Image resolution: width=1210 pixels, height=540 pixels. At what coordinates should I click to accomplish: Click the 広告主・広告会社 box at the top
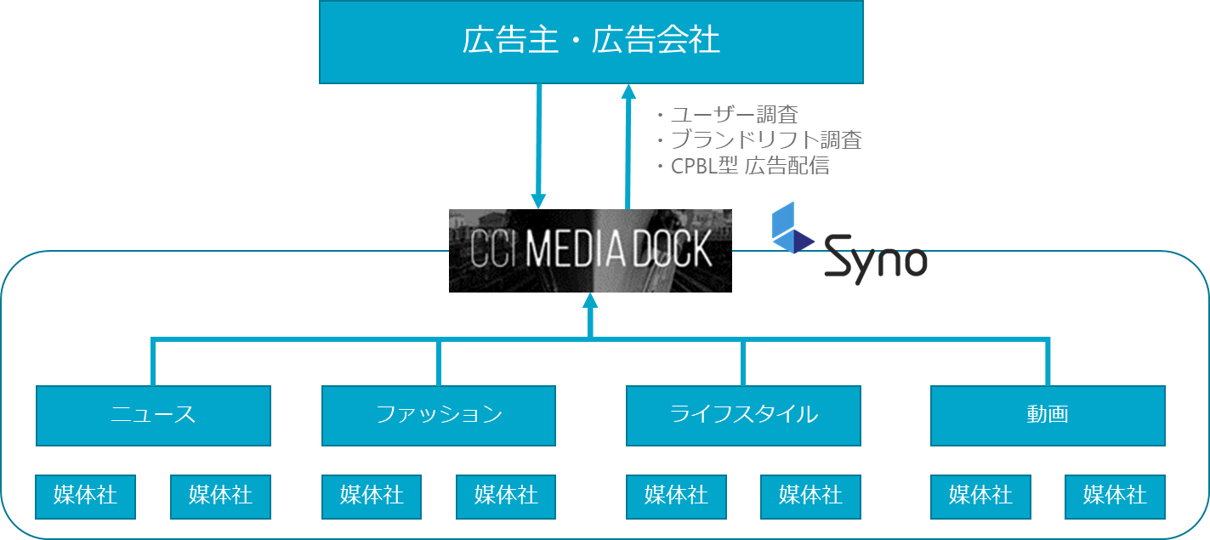pyautogui.click(x=592, y=43)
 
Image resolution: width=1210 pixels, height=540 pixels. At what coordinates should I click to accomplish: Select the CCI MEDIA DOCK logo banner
pyautogui.click(x=590, y=251)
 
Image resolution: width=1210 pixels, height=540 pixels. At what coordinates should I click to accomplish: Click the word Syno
pyautogui.click(x=876, y=259)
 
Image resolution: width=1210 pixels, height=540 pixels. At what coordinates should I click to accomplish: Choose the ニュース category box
pyautogui.click(x=153, y=416)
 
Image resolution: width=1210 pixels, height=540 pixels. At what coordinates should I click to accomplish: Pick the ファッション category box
pyautogui.click(x=439, y=416)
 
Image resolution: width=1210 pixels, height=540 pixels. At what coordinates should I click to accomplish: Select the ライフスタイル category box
pyautogui.click(x=743, y=416)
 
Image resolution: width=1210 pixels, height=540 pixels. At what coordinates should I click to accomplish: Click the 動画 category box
pyautogui.click(x=1048, y=416)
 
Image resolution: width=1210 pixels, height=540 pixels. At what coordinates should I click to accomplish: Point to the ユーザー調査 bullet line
pyautogui.click(x=728, y=115)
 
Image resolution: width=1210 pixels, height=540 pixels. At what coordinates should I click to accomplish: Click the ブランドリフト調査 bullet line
pyautogui.click(x=759, y=139)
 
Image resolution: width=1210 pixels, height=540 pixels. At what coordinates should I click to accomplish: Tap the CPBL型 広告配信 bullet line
pyautogui.click(x=742, y=166)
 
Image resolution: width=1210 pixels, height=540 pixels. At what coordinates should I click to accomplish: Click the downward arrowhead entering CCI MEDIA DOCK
pyautogui.click(x=538, y=201)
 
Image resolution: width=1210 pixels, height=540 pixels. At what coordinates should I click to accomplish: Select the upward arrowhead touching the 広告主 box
pyautogui.click(x=628, y=92)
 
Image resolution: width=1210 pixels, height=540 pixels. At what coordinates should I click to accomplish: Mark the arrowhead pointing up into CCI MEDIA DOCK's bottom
pyautogui.click(x=590, y=301)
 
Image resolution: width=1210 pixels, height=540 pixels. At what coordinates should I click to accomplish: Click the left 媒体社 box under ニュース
pyautogui.click(x=85, y=497)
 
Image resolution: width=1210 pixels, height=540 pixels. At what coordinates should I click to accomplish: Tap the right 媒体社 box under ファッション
pyautogui.click(x=506, y=497)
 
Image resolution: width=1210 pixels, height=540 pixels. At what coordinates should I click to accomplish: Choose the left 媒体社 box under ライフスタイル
pyautogui.click(x=676, y=497)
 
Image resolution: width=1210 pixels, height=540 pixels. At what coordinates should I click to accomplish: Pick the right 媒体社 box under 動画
pyautogui.click(x=1115, y=497)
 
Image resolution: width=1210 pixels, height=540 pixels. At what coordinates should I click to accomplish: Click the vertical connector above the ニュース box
pyautogui.click(x=153, y=361)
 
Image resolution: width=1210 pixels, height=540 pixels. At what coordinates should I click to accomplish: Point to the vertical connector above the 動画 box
pyautogui.click(x=1048, y=361)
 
